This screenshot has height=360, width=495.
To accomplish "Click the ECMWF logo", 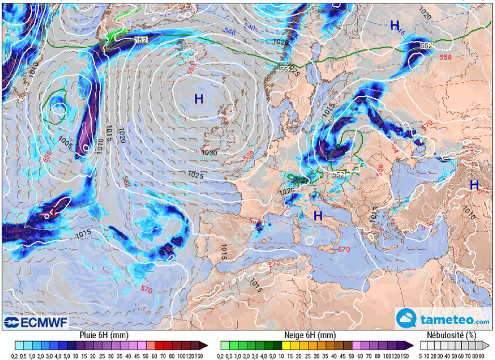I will click(x=36, y=322).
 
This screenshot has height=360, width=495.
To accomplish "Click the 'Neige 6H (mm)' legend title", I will click(x=309, y=335).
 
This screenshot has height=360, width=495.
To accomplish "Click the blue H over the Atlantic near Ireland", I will click(x=199, y=99).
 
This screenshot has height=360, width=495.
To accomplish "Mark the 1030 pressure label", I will click(x=209, y=153).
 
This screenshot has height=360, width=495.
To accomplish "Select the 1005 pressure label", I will click(x=66, y=140).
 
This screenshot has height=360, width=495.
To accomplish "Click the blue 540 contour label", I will click(x=249, y=28).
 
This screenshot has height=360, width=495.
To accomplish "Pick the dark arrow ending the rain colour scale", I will click(x=205, y=345).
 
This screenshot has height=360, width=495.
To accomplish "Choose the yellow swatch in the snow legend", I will click(x=287, y=345).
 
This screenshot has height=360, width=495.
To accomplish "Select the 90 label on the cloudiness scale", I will click(x=483, y=354).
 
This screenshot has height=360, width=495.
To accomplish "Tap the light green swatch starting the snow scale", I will click(x=225, y=345).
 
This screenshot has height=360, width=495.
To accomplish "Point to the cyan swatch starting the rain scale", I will click(x=18, y=345).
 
